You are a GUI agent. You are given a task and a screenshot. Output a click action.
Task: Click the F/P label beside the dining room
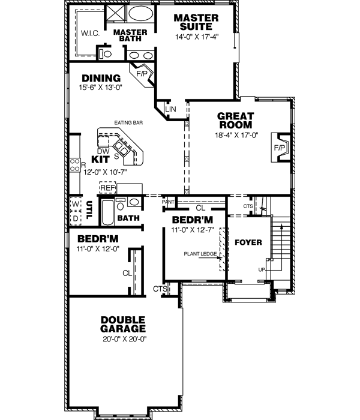point(142,75)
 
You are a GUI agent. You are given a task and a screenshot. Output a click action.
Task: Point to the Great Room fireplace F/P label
point(280,147)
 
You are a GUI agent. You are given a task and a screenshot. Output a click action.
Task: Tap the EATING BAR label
point(128,123)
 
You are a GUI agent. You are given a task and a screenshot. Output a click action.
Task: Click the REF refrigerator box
point(107,188)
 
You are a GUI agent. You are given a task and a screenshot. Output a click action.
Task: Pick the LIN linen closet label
point(170,110)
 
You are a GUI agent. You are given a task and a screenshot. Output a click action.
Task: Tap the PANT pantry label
point(168,202)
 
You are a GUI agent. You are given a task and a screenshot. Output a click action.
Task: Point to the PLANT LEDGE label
point(200,254)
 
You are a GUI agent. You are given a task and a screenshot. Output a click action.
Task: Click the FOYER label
point(247,242)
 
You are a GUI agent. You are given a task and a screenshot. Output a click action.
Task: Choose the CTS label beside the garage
point(160,289)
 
